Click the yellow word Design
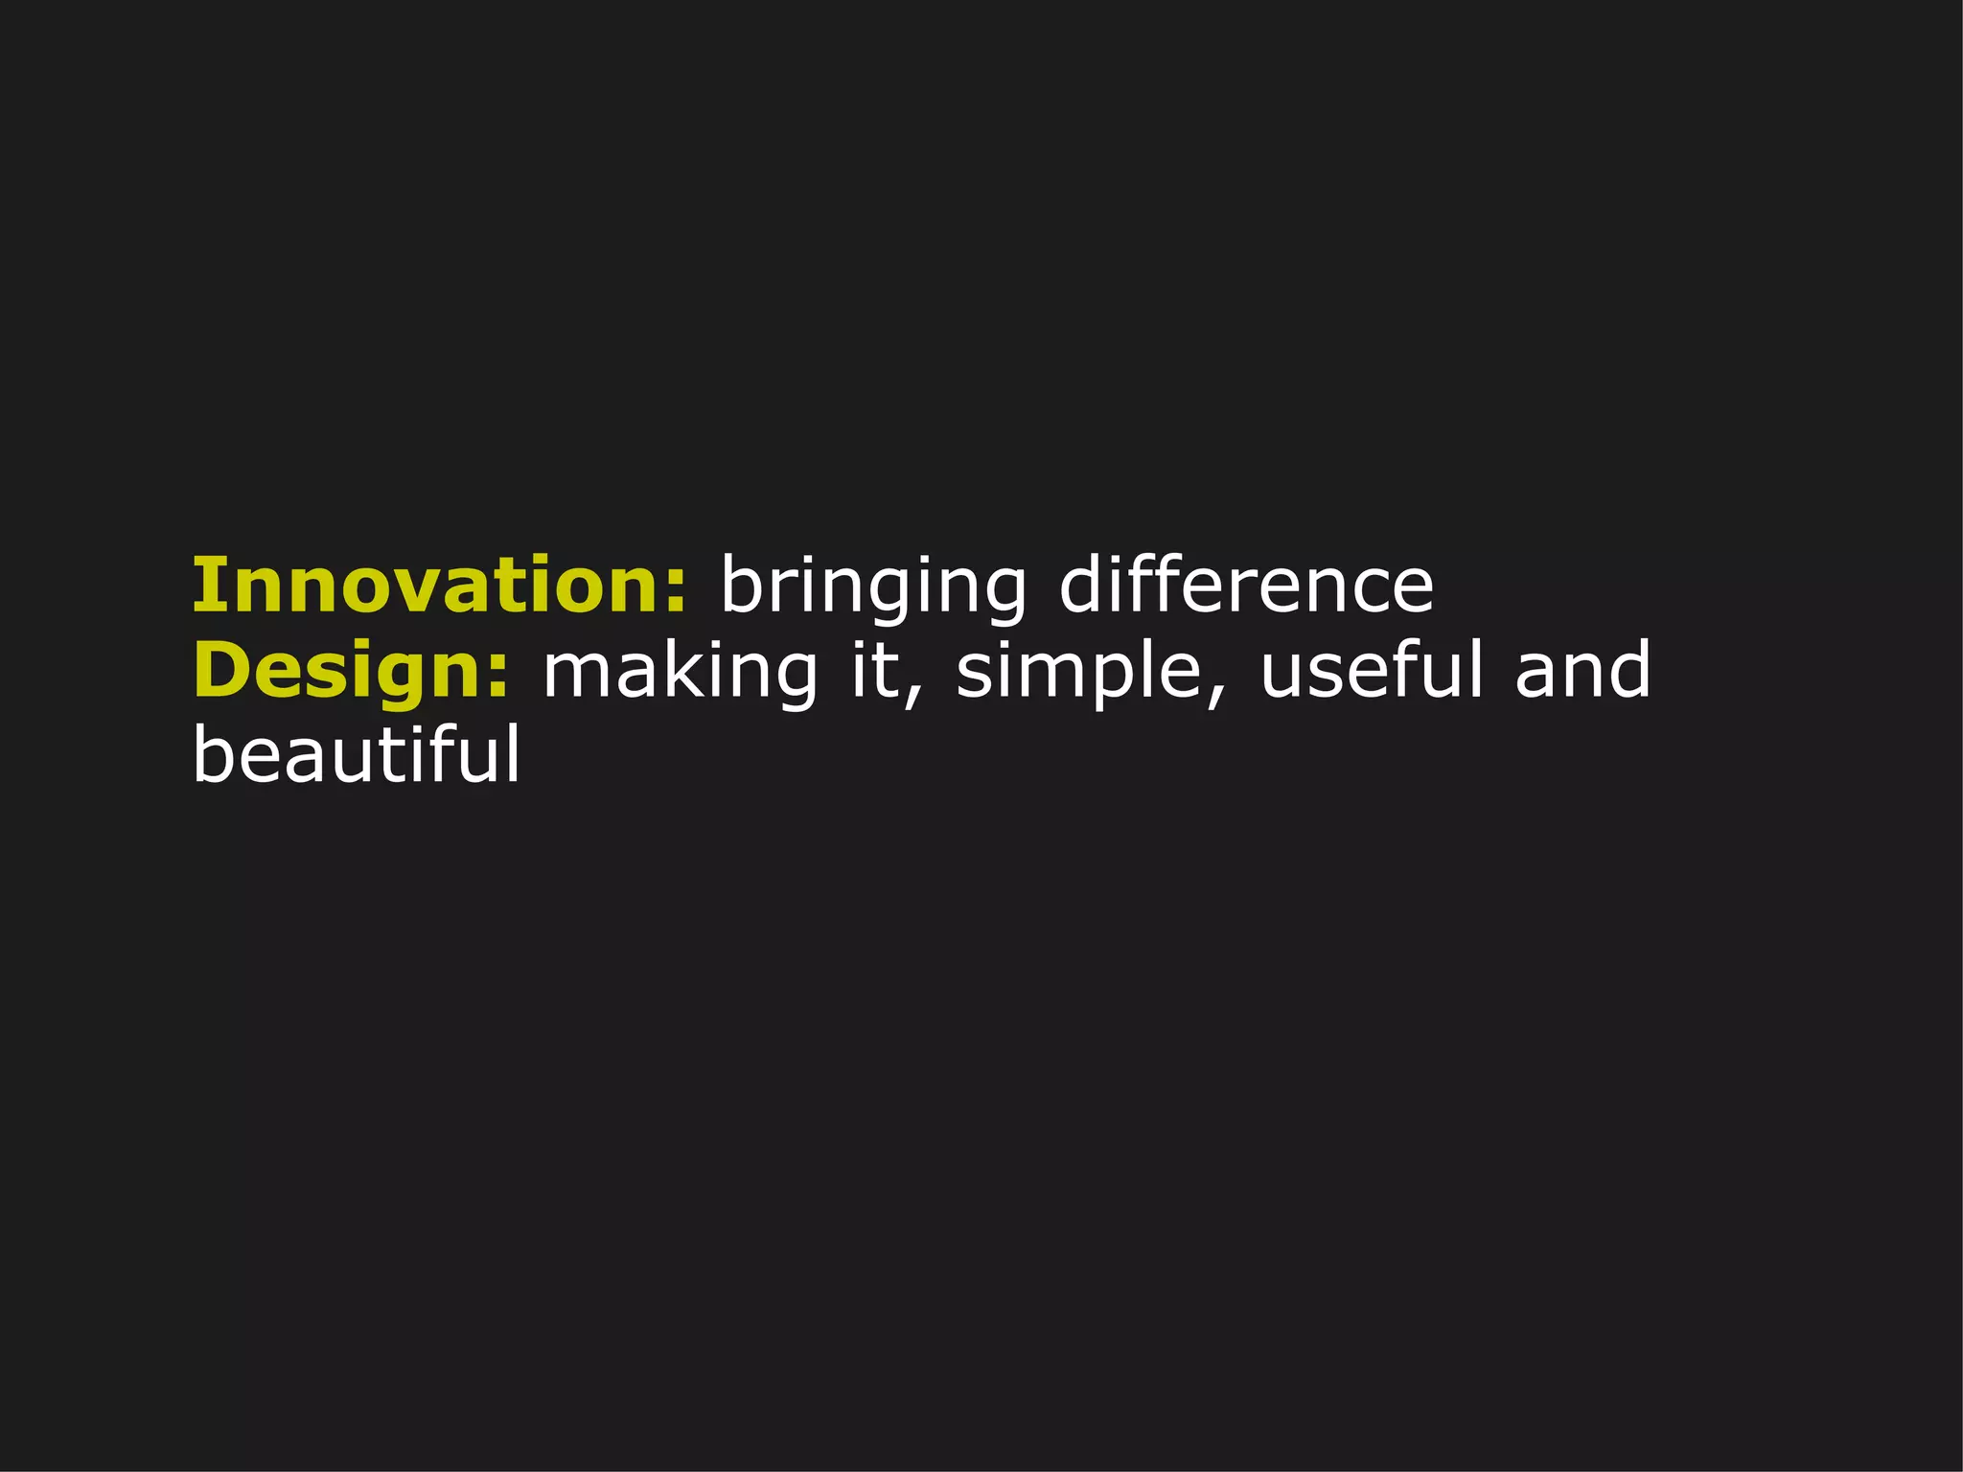340,671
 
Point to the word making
681,671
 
